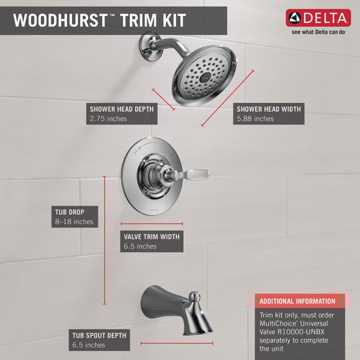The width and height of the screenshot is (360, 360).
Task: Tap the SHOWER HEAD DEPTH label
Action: click(x=122, y=109)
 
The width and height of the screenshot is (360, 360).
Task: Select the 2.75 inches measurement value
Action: click(x=109, y=119)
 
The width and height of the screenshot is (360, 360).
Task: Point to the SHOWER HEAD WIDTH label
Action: click(x=268, y=109)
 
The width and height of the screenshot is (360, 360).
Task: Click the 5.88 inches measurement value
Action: click(x=255, y=119)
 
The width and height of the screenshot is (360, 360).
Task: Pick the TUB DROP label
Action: click(x=69, y=212)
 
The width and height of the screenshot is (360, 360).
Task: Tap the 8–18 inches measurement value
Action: click(x=73, y=222)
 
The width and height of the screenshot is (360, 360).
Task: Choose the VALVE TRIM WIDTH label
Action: click(x=152, y=237)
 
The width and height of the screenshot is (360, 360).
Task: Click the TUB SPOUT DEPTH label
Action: click(x=100, y=335)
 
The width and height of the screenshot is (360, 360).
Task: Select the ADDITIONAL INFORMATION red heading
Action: click(x=297, y=301)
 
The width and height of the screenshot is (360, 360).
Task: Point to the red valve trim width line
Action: click(x=152, y=224)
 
